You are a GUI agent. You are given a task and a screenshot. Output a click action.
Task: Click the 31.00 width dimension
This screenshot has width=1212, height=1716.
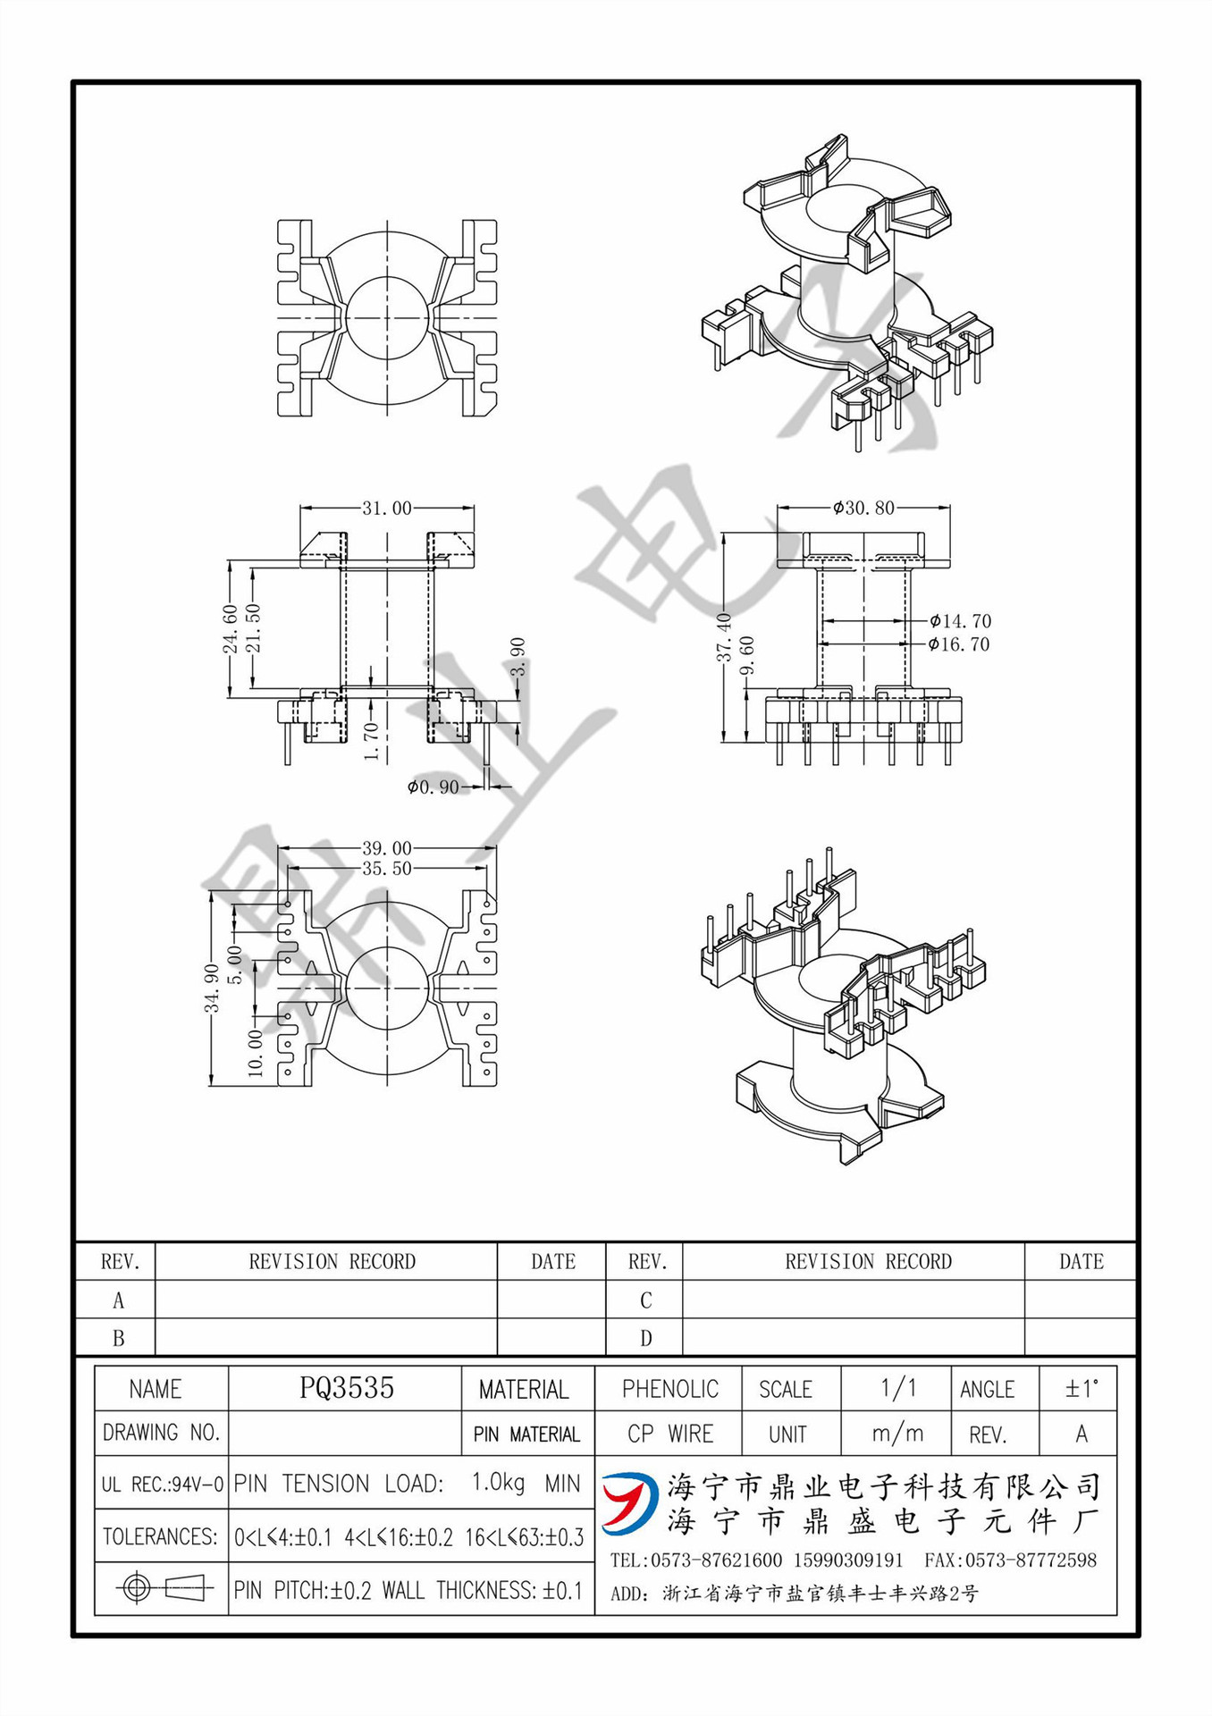click(386, 508)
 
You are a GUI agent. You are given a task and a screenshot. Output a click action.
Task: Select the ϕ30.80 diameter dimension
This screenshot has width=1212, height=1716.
click(863, 508)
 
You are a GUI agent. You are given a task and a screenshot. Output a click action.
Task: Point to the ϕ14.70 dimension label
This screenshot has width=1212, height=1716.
click(960, 620)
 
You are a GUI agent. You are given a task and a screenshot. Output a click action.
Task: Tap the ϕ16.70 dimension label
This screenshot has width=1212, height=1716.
click(959, 644)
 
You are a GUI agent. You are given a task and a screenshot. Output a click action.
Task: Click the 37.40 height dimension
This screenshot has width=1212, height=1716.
click(724, 636)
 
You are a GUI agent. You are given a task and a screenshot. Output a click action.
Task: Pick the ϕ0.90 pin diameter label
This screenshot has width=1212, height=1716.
click(433, 786)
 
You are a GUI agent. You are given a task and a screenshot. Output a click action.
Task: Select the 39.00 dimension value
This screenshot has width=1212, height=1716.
click(386, 847)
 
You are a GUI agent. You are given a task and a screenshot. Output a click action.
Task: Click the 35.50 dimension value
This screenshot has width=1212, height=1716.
click(386, 868)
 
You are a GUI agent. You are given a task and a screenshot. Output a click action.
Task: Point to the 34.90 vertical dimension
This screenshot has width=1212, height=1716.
click(212, 988)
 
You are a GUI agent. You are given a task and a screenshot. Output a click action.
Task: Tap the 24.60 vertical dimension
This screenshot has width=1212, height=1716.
click(231, 628)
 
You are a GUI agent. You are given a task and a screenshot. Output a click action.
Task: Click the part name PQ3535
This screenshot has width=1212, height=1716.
click(346, 1388)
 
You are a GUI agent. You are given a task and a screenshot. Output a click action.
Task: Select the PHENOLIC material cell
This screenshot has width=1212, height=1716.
click(669, 1389)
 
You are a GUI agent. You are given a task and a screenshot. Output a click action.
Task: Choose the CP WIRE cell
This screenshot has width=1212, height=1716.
click(669, 1434)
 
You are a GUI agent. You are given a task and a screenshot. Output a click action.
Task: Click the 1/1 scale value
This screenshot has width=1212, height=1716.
click(897, 1388)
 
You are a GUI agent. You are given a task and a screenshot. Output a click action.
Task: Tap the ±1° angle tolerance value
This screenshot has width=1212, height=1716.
click(1081, 1389)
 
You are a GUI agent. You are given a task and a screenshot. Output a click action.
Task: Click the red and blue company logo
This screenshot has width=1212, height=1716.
click(630, 1502)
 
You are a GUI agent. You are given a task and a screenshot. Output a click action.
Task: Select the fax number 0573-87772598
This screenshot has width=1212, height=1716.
click(1010, 1560)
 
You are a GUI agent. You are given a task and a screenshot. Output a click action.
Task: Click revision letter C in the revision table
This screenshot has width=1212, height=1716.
click(645, 1300)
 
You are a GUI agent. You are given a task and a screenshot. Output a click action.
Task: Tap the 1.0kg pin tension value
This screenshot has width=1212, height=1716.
click(498, 1483)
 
